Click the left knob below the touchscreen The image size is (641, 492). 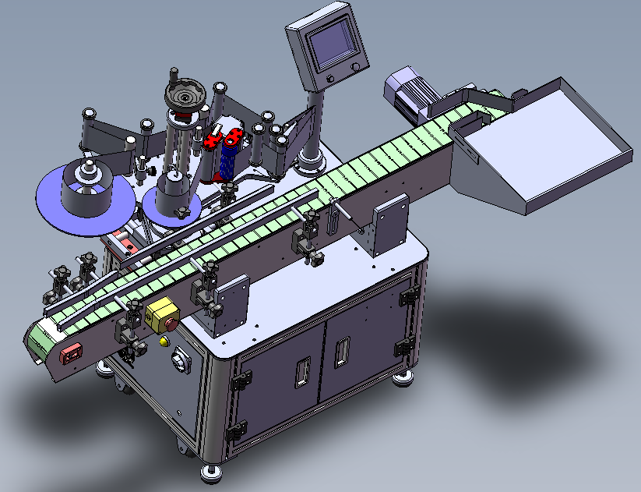(329, 80)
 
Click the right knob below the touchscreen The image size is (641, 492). (357, 69)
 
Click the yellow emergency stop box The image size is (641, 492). (162, 314)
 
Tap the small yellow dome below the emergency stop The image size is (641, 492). (164, 341)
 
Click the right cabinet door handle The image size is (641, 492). (340, 355)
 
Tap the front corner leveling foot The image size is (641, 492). (211, 471)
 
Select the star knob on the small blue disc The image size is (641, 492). (181, 212)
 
